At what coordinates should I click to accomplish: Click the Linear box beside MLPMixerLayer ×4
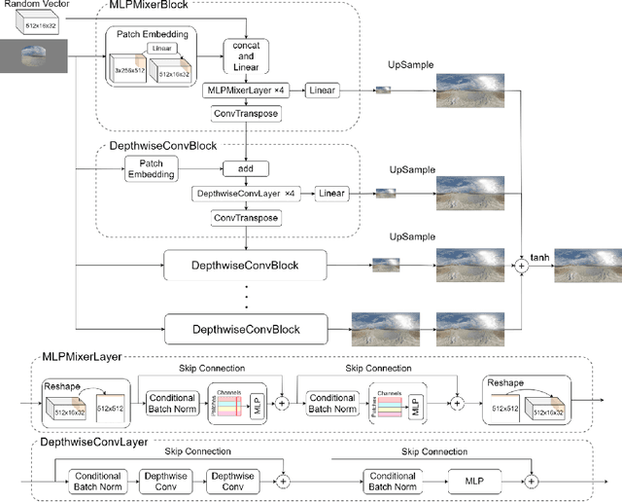point(323,90)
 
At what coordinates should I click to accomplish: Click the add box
point(247,168)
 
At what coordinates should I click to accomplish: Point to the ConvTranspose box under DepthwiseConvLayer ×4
point(247,218)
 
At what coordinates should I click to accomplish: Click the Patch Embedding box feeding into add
point(152,168)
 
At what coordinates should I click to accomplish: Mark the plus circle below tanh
point(521,264)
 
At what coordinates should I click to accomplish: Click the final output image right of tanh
point(586,264)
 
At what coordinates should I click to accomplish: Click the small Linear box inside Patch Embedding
point(160,48)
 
